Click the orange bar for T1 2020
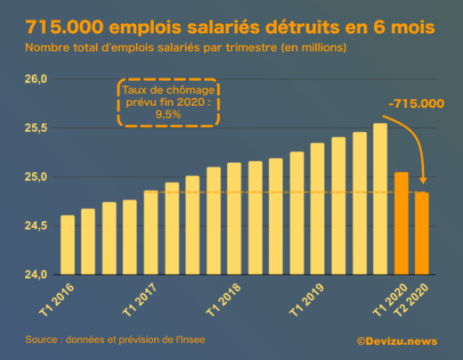pos(402,223)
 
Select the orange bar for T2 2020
pos(422,233)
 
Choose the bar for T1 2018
pos(234,218)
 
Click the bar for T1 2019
pos(318,209)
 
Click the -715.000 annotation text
pos(416,103)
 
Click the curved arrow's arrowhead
pos(423,183)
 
